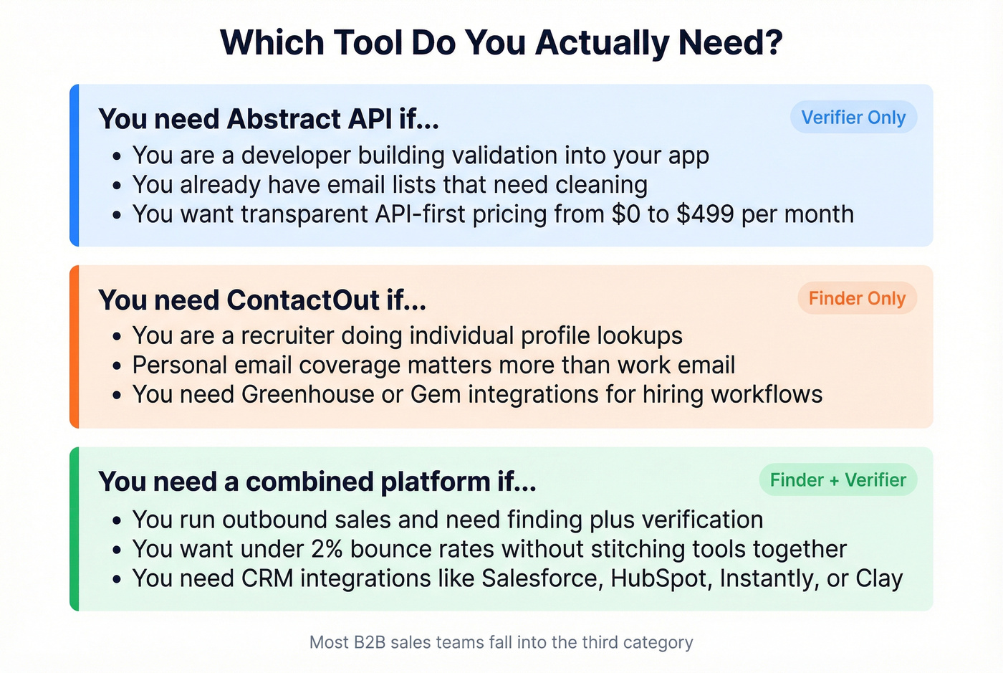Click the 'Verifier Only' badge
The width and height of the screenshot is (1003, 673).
[x=853, y=117]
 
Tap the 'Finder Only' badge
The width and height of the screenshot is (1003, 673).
[x=857, y=298]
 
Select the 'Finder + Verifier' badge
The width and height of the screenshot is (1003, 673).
[x=838, y=480]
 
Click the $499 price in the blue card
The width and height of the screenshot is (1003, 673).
[x=705, y=214]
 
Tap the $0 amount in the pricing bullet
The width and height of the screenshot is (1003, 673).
[x=626, y=214]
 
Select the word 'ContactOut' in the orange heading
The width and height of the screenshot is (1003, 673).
[x=303, y=300]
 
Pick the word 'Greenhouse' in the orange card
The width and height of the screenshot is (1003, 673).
[x=307, y=394]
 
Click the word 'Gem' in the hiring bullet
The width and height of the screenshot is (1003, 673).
[x=436, y=394]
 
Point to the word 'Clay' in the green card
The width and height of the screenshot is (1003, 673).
[x=880, y=579]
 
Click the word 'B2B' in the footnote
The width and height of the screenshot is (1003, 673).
[x=370, y=642]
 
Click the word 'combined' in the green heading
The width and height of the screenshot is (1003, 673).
[x=309, y=481]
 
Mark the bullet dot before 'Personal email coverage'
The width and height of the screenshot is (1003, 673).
[x=117, y=366]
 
